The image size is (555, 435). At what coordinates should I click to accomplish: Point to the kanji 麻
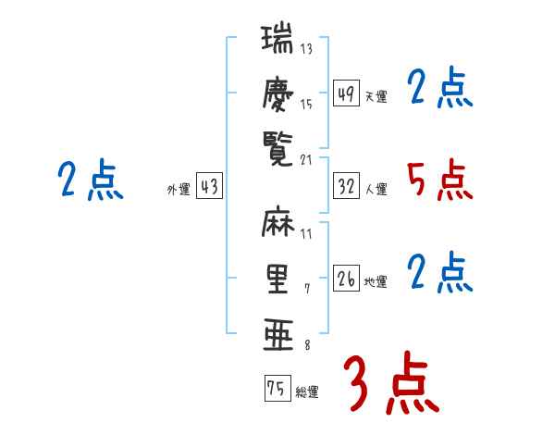(277, 225)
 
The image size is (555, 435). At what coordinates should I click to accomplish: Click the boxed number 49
(346, 93)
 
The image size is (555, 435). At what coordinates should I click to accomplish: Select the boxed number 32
(346, 187)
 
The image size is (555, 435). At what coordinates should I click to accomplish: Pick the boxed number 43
(209, 187)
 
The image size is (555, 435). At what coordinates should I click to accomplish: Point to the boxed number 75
(276, 389)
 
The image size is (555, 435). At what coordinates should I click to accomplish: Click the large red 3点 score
(390, 383)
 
